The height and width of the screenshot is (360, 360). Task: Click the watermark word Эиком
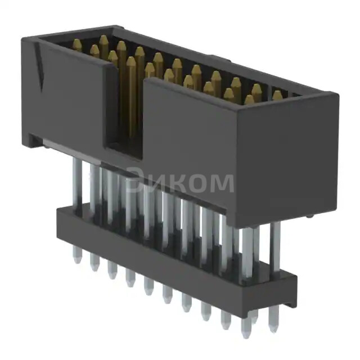(179, 182)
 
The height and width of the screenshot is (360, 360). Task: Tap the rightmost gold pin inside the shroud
(277, 95)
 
